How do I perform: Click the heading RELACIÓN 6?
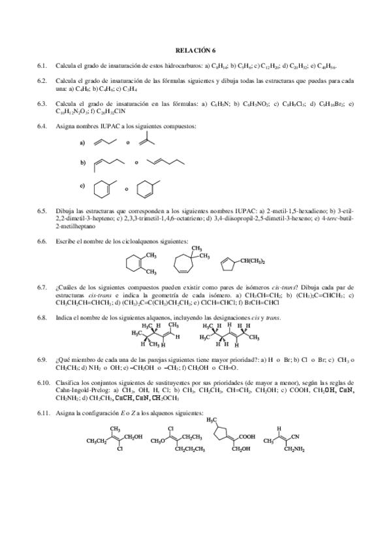pyautogui.click(x=195, y=50)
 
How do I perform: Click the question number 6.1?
pyautogui.click(x=42, y=66)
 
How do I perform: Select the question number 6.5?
pyautogui.click(x=42, y=211)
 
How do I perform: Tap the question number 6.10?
pyautogui.click(x=44, y=381)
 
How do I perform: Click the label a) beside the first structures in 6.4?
pyautogui.click(x=82, y=142)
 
